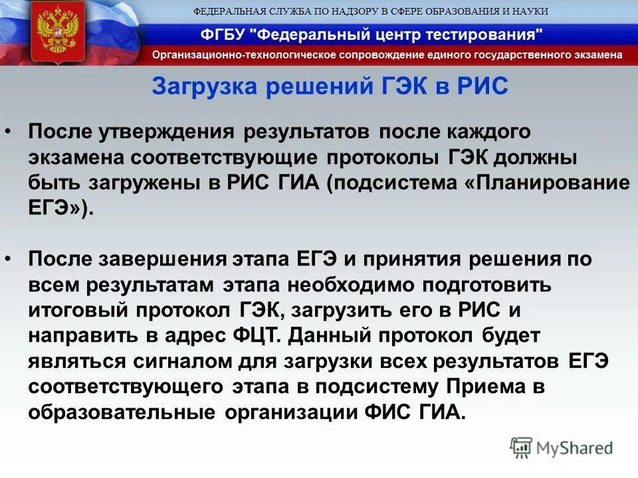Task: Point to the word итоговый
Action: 75,311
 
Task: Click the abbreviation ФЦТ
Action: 261,336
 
